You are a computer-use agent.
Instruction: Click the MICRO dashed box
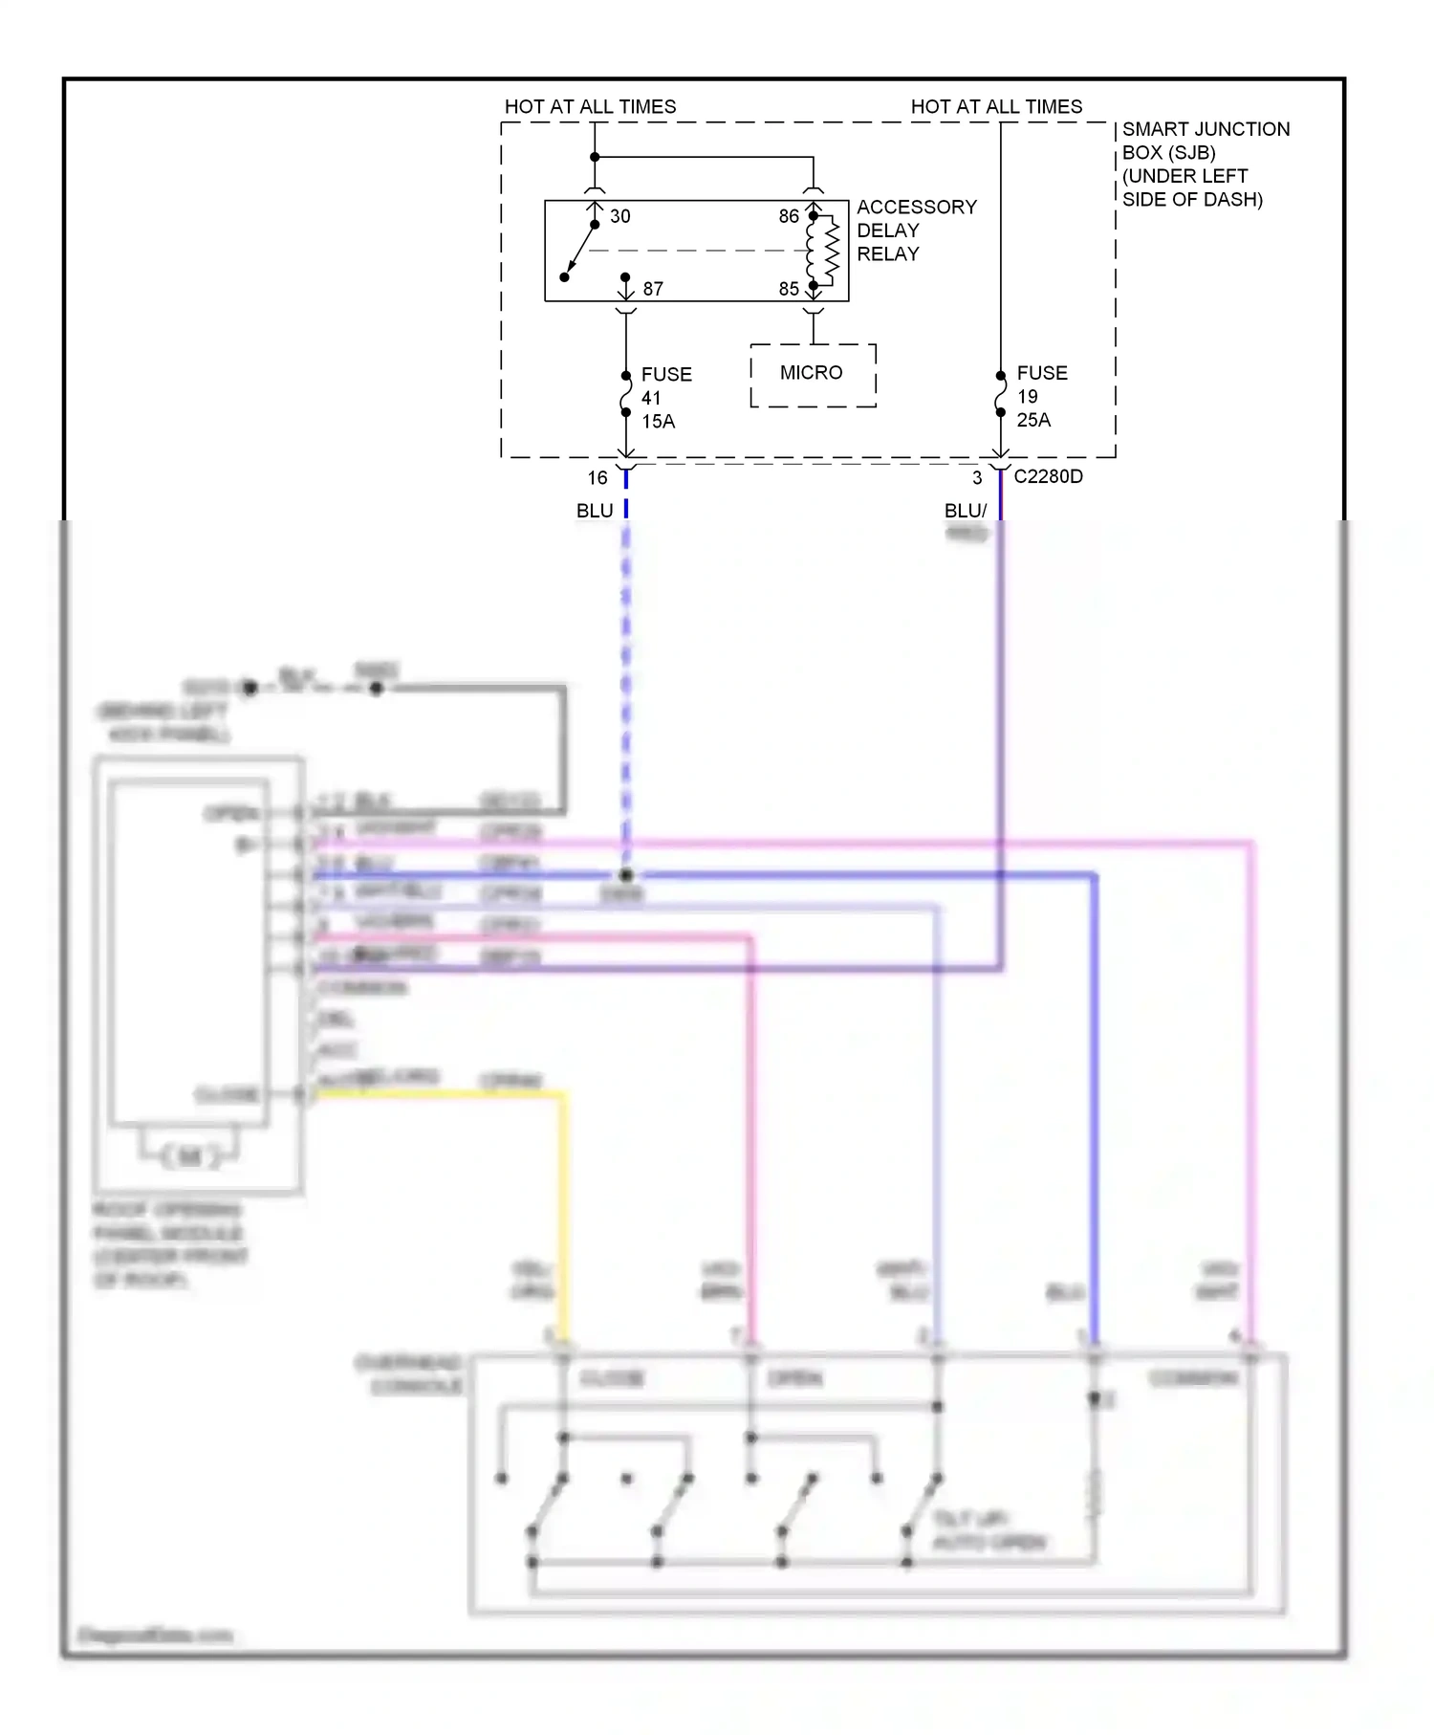click(x=812, y=374)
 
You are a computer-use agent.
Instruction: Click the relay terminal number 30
click(x=619, y=216)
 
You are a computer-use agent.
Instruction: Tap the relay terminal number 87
click(x=652, y=289)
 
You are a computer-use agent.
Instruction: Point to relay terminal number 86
click(x=788, y=216)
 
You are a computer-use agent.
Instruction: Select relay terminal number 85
click(x=788, y=289)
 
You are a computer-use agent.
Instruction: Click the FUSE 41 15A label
click(x=664, y=398)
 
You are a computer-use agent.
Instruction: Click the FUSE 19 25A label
click(x=1040, y=396)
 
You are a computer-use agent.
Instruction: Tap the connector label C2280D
click(x=1048, y=476)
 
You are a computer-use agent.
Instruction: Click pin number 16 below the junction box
click(x=597, y=478)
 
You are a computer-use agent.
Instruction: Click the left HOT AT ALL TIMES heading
click(x=590, y=106)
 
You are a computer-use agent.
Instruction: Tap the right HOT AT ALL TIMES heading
click(x=996, y=106)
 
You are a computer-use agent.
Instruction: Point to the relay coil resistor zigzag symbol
click(x=832, y=252)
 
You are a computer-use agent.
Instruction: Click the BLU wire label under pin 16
click(x=594, y=511)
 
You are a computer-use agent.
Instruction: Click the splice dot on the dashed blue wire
click(x=625, y=875)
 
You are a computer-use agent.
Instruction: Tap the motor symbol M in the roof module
click(x=190, y=1156)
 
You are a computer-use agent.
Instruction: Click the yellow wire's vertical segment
click(x=563, y=1215)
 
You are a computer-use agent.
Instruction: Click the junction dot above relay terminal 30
click(x=595, y=157)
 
